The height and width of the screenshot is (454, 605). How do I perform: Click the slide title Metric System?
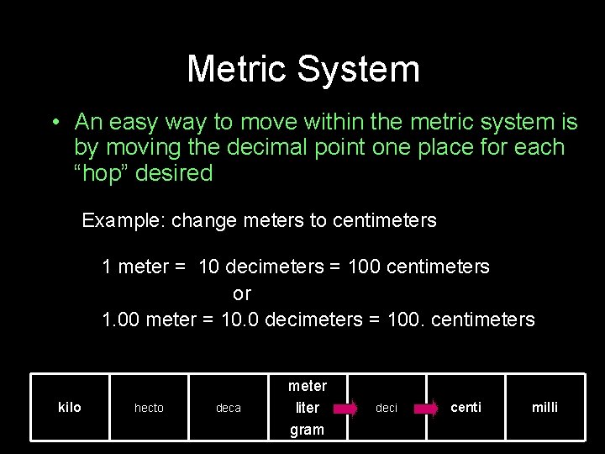[x=302, y=69]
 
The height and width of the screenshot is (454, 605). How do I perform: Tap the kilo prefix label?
[x=70, y=407]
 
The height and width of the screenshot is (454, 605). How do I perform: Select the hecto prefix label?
[x=149, y=408]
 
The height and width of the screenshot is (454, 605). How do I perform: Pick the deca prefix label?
[x=229, y=408]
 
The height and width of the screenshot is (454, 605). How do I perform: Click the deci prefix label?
[x=387, y=408]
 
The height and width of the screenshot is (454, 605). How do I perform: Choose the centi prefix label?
[x=466, y=407]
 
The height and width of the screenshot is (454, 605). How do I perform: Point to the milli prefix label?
[x=544, y=407]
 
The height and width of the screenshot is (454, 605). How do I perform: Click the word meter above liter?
[x=308, y=386]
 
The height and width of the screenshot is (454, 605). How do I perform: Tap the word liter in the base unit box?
[x=308, y=408]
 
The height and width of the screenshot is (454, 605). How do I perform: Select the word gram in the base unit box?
[x=307, y=430]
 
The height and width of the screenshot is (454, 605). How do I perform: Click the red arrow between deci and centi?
[x=425, y=409]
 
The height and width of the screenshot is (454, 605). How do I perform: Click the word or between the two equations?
[x=242, y=293]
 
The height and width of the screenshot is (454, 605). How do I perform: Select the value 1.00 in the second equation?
[x=121, y=319]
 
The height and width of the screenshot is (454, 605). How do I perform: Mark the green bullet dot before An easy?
[x=54, y=123]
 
